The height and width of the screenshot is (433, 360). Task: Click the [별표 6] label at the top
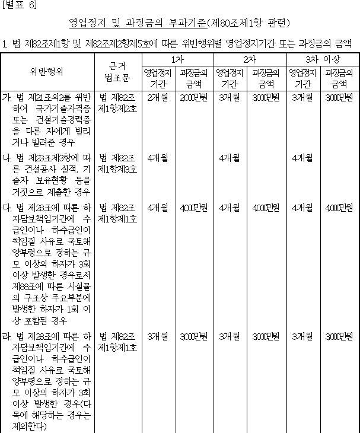pos(19,5)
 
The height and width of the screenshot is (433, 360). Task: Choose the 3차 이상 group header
pos(323,60)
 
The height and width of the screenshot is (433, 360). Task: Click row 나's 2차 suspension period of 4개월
pos(230,158)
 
